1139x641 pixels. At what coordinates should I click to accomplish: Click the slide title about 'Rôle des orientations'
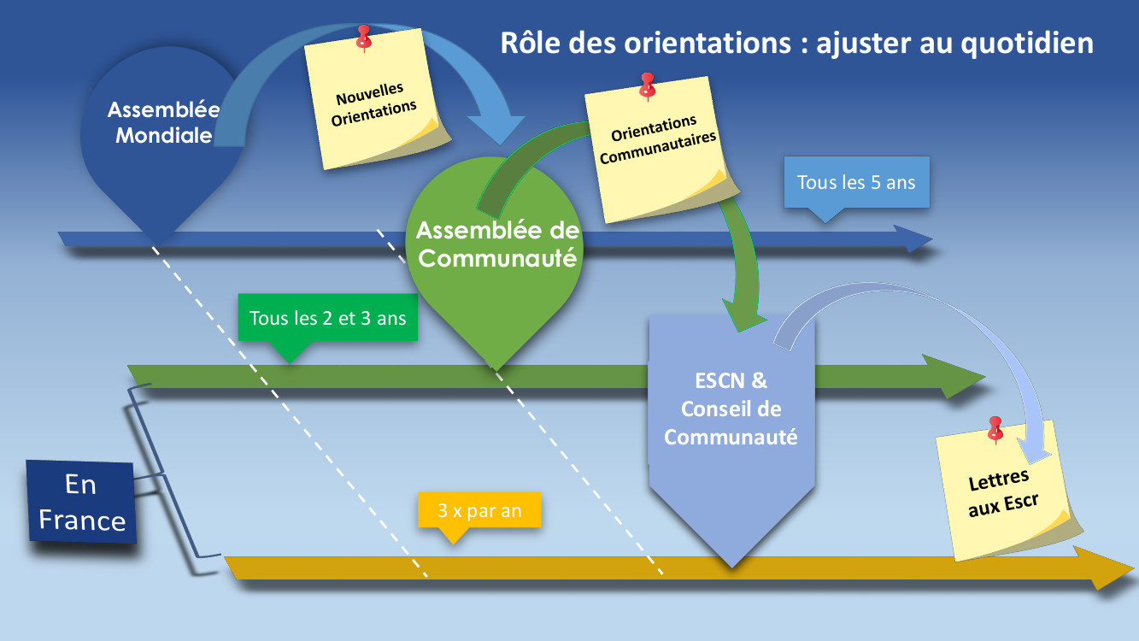pos(796,43)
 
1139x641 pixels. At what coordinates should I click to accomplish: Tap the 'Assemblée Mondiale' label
pos(163,122)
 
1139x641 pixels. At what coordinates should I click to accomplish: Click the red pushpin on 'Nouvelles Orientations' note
pos(364,37)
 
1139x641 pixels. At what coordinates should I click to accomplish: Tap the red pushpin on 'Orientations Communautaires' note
pos(647,85)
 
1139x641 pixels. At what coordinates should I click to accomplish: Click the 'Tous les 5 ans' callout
pos(856,183)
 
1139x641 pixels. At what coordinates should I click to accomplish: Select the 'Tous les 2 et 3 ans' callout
pos(327,319)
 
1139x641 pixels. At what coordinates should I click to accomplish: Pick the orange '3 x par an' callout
pos(479,511)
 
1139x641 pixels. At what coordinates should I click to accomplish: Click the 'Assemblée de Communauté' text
pos(497,244)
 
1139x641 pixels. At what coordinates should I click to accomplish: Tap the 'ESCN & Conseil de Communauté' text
pos(731,409)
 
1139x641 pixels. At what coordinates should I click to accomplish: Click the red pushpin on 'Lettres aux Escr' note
pos(995,427)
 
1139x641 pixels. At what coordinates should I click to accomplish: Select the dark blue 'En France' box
pos(82,503)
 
